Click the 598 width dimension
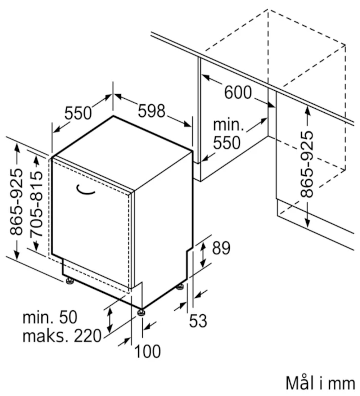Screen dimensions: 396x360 152,112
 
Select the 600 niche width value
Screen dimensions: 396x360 238,93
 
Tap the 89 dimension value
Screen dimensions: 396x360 221,248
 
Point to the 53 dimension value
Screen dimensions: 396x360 198,321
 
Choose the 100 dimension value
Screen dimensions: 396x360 148,351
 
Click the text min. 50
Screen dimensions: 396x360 50,318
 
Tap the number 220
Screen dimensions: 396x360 87,336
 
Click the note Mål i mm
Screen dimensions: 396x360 320,383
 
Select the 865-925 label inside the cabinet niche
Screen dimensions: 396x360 306,164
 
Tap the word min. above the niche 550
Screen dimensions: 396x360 228,125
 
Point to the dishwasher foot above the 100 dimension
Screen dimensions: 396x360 141,312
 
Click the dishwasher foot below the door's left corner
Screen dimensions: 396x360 69,280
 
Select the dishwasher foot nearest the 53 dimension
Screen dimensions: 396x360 180,287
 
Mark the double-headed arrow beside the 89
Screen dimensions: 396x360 203,253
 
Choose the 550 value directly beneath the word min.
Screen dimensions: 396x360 226,143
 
